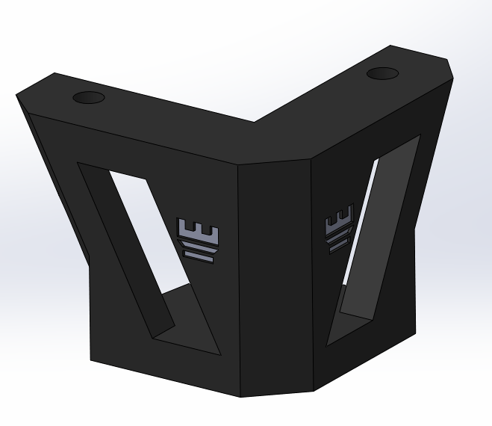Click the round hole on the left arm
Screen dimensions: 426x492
90,98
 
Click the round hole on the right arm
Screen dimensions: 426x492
382,74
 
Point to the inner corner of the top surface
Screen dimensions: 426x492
255,122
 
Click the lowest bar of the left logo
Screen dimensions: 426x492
199,256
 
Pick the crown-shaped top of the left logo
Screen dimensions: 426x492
200,228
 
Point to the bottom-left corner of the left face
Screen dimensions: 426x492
90,361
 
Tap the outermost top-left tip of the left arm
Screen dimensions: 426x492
17,96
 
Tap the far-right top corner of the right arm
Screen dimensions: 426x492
453,74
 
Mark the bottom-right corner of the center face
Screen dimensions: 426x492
313,391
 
